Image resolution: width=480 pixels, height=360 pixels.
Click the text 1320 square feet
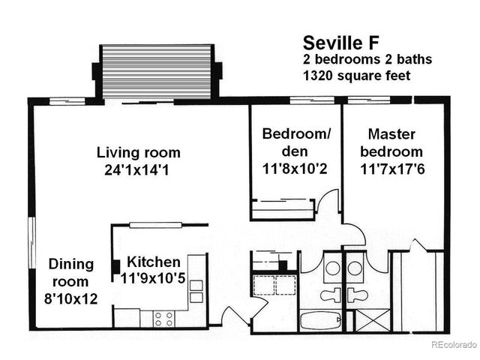(358, 76)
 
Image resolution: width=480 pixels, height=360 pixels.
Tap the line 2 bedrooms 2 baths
(367, 59)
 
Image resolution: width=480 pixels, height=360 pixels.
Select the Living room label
(138, 152)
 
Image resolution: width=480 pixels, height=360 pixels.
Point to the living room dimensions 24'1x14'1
(138, 170)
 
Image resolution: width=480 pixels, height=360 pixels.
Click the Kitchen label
(153, 262)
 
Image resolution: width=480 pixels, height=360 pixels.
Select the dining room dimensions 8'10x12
(71, 299)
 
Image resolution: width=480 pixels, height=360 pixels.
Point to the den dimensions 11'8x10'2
(296, 169)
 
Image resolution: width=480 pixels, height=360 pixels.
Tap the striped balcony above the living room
(157, 70)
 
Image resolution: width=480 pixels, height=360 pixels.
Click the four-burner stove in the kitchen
(163, 318)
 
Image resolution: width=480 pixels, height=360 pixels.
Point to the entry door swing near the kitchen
(237, 310)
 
